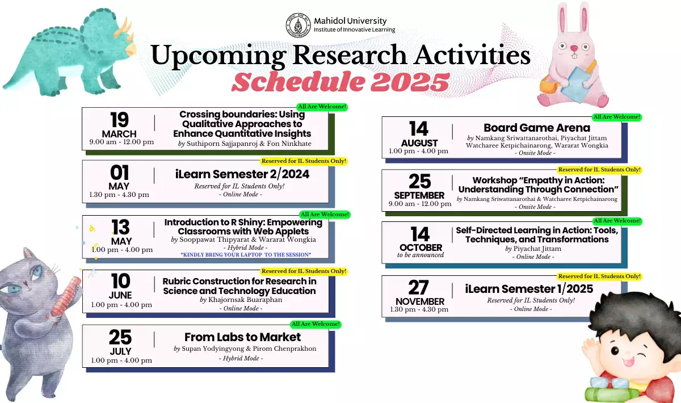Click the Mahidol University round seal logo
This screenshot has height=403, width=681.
click(299, 25)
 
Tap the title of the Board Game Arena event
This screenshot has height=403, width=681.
click(537, 128)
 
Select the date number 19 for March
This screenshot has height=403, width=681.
click(120, 120)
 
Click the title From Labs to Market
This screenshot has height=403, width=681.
click(242, 337)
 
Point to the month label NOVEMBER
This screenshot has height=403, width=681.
click(420, 301)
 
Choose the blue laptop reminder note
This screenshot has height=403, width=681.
click(246, 255)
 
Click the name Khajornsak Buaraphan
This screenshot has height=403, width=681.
click(245, 300)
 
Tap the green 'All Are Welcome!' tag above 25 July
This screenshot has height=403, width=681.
click(316, 324)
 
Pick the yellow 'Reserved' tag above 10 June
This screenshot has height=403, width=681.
click(304, 271)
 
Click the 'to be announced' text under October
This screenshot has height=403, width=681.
click(421, 255)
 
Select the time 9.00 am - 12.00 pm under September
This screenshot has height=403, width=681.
click(420, 204)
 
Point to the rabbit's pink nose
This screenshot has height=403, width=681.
click(574, 48)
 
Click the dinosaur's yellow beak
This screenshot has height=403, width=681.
click(131, 49)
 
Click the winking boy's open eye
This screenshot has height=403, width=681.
click(615, 351)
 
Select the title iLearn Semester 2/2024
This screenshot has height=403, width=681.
click(242, 174)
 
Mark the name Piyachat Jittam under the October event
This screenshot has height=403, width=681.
click(537, 249)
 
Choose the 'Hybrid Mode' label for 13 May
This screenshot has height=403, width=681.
click(245, 247)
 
